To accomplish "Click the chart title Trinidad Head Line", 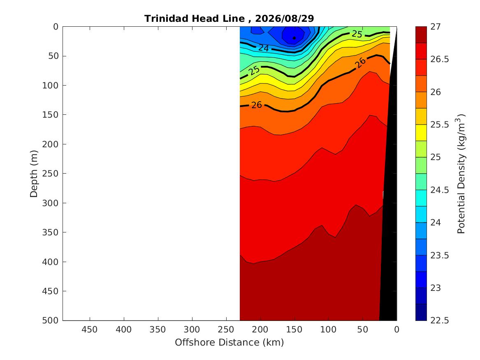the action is [x=195, y=19].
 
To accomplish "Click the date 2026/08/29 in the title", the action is [x=284, y=19].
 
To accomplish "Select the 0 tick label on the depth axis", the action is [x=56, y=27].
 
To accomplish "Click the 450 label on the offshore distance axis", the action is [x=90, y=330].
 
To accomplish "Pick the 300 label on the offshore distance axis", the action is [x=192, y=330].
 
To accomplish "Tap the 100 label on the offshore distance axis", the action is [x=329, y=330].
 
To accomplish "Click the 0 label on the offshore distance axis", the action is [x=397, y=330].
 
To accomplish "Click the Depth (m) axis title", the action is [x=34, y=174].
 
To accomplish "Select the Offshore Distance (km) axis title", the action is [x=229, y=342].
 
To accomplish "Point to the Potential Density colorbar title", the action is [x=461, y=174].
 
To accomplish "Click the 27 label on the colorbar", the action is [x=436, y=27].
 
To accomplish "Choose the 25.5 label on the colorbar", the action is [x=440, y=125].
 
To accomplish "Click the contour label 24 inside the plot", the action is [x=264, y=48].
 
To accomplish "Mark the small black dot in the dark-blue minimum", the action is [x=294, y=38].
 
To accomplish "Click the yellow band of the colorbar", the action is [x=421, y=132].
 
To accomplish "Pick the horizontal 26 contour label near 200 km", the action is [x=257, y=105].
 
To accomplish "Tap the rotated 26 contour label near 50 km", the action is [x=360, y=63].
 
